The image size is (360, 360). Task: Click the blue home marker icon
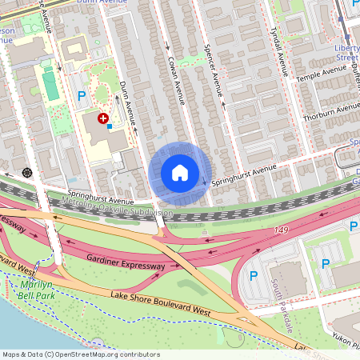coord(180,172)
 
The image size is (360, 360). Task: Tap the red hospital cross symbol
coord(103,118)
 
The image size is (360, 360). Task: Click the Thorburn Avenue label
coord(330,109)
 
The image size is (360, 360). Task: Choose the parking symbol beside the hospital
coord(81,97)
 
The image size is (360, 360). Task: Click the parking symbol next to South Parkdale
coord(254,276)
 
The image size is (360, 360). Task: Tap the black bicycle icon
coord(27,172)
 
